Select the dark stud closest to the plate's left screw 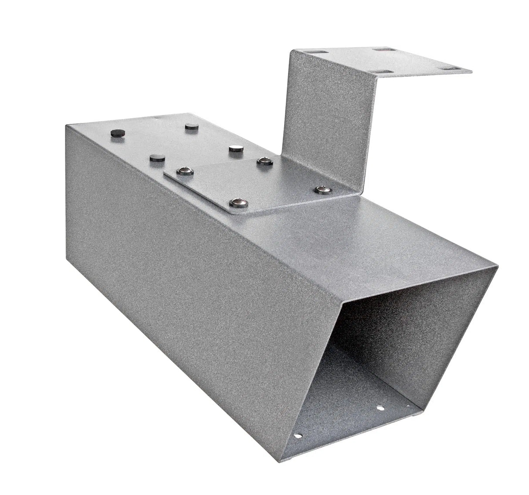click(157, 158)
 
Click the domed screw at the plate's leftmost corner click(185, 171)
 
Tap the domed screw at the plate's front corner click(238, 202)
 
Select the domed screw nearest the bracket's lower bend click(322, 189)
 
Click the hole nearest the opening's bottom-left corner click(298, 435)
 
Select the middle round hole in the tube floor click(380, 409)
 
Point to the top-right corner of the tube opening click(496, 265)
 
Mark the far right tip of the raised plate click(471, 71)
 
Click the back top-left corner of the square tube click(66, 125)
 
